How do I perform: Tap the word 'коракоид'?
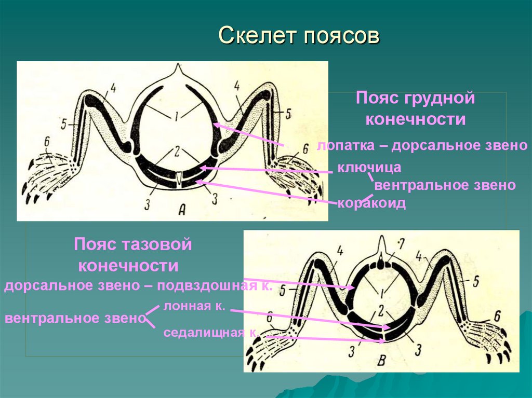point(371,203)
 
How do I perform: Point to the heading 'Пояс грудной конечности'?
point(415,108)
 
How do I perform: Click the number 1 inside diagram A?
point(176,117)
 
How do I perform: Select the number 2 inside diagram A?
point(177,151)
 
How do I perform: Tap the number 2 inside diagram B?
point(381,310)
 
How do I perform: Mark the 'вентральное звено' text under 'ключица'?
point(445,185)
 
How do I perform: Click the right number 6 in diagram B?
point(497,315)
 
